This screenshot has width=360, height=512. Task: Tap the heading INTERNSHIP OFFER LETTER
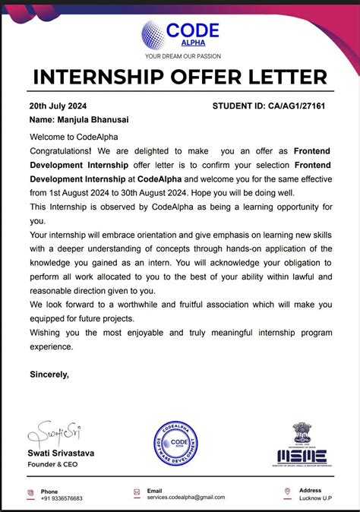click(x=180, y=77)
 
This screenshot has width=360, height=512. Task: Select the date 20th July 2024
click(x=58, y=106)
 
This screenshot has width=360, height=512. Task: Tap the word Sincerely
click(x=49, y=374)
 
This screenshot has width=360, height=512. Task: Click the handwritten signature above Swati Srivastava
click(x=55, y=434)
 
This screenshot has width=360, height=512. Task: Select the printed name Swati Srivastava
click(x=62, y=453)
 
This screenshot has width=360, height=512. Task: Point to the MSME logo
click(x=300, y=445)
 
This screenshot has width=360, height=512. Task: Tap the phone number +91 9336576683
click(x=62, y=498)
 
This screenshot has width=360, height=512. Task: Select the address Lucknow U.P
click(x=317, y=498)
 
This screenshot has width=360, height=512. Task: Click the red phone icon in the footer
click(x=31, y=493)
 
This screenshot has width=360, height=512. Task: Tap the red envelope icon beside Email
click(x=137, y=493)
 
